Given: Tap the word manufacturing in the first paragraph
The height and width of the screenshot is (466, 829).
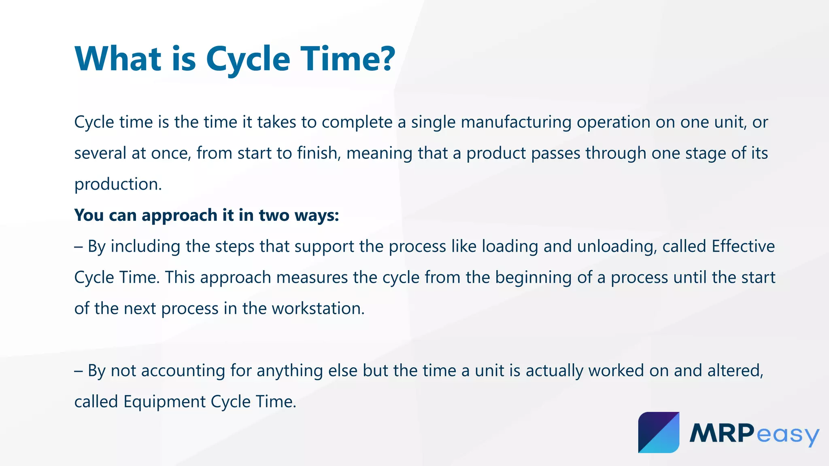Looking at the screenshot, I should coord(516,123).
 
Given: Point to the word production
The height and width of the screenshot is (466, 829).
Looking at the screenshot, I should coord(118,185).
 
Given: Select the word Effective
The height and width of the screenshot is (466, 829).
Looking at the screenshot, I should coord(743,247).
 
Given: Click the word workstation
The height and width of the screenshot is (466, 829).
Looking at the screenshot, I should coord(318,309).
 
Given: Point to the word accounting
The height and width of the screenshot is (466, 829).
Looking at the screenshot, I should coord(183,371).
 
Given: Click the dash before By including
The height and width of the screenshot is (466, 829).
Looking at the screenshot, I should coord(79,247).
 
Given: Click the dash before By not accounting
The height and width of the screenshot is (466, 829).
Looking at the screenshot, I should coord(79,371).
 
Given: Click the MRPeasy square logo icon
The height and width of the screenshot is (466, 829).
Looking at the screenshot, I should coord(659,432).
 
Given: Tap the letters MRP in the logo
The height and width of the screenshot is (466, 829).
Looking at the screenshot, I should coord(722,433).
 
